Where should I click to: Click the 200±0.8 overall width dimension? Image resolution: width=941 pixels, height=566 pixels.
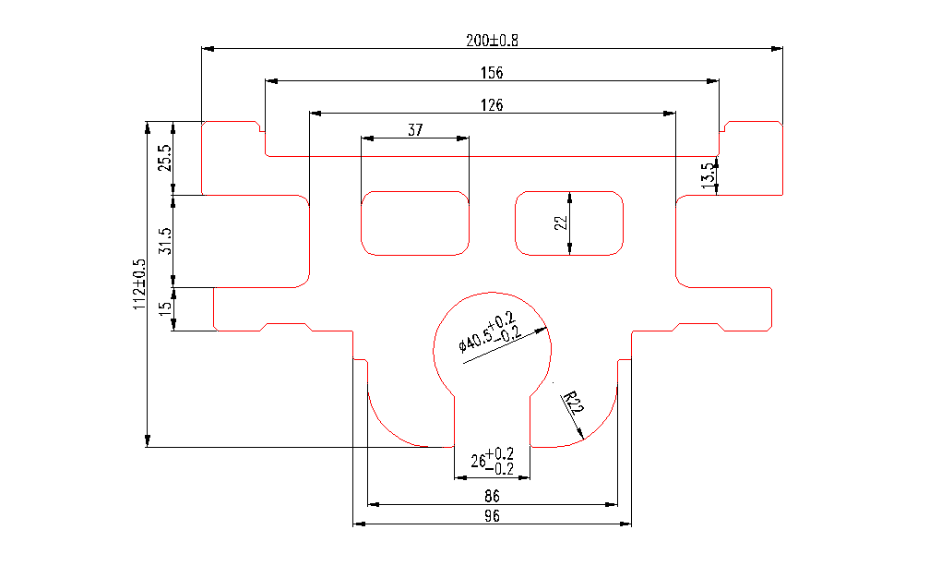(x=492, y=40)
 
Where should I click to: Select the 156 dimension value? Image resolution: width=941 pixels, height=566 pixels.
(x=492, y=73)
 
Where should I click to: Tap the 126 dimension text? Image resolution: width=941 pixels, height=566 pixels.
(x=492, y=105)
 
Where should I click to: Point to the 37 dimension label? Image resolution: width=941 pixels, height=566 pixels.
(x=415, y=130)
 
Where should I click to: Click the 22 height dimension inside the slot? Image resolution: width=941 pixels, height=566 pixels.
(x=559, y=223)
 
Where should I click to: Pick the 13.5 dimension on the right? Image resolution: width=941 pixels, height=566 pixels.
(x=708, y=175)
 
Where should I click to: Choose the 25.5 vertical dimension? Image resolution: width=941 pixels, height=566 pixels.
(x=165, y=158)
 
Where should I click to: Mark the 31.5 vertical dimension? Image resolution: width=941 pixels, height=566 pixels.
(x=165, y=241)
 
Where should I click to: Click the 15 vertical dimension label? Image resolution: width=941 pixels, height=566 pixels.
(x=165, y=309)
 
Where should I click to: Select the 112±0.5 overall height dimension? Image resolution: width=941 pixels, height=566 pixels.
(x=139, y=283)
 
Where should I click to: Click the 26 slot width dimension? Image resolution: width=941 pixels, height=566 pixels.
(x=493, y=462)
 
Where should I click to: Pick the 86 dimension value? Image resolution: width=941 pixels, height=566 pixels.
(x=492, y=496)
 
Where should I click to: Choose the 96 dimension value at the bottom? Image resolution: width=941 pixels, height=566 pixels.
(x=492, y=516)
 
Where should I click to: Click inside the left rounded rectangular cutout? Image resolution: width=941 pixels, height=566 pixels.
(x=415, y=223)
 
